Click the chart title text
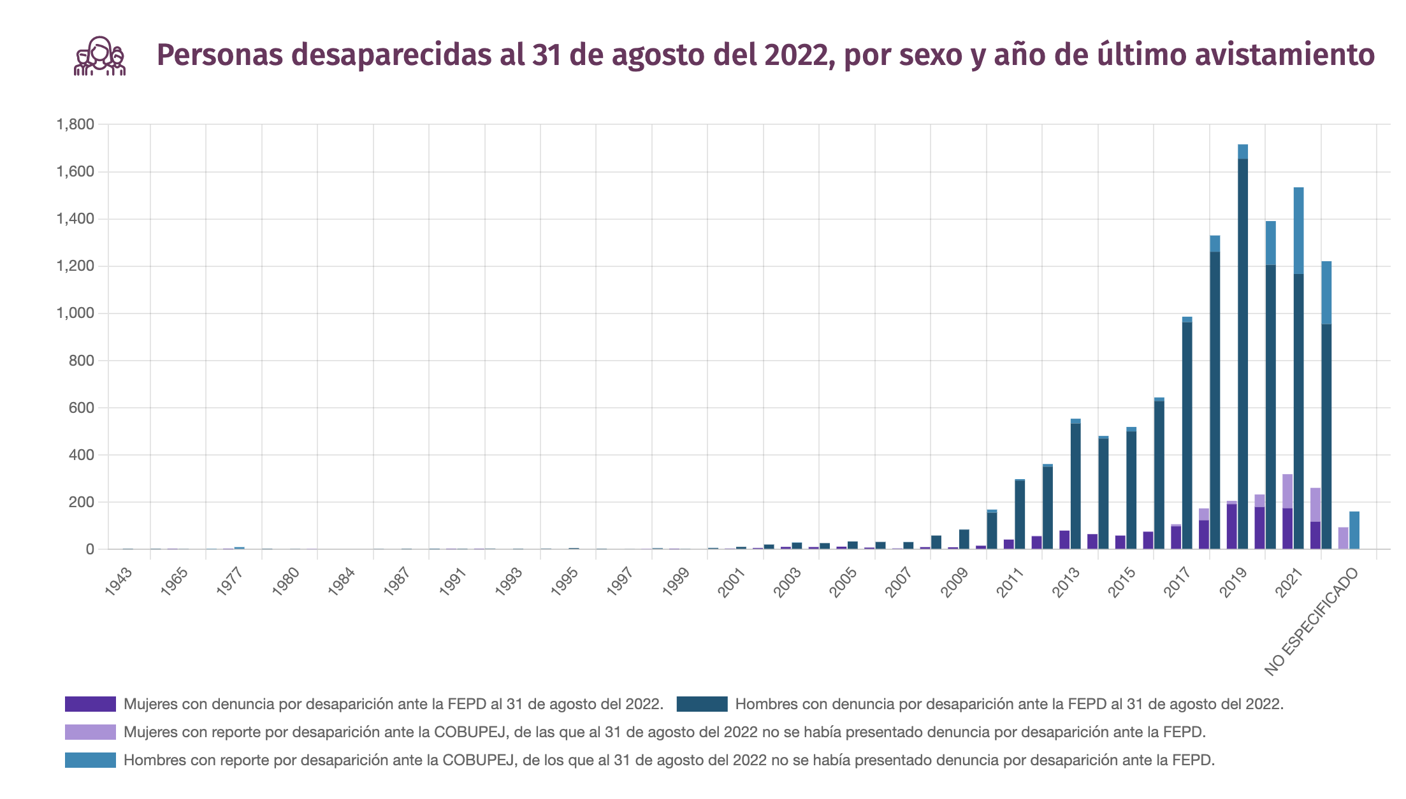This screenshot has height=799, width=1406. (x=765, y=55)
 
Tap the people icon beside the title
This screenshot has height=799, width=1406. (x=99, y=56)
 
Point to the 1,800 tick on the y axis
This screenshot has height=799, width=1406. (x=75, y=124)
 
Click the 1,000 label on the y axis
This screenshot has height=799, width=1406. (x=75, y=313)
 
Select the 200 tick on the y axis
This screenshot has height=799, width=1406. (x=82, y=502)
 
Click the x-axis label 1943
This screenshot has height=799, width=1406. (x=119, y=581)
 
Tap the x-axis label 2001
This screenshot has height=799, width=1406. (x=732, y=582)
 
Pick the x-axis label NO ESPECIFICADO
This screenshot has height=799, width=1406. (x=1312, y=621)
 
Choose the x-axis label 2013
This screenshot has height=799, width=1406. (x=1066, y=582)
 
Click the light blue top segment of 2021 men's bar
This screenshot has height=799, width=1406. (x=1298, y=229)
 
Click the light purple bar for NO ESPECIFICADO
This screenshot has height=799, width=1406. (x=1343, y=538)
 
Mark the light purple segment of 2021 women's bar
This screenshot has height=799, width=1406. (x=1287, y=491)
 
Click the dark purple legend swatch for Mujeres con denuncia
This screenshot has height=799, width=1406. (x=90, y=704)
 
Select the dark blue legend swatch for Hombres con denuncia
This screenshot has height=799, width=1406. (x=702, y=704)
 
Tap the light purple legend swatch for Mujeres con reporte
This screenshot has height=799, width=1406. (x=90, y=732)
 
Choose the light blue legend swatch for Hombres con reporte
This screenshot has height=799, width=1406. (x=90, y=760)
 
